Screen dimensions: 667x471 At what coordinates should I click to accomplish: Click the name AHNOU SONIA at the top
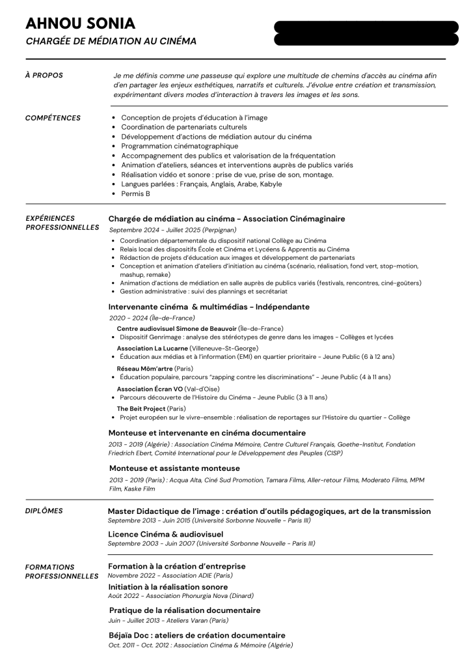click(x=80, y=23)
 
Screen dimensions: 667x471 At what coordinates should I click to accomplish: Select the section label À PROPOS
click(x=44, y=76)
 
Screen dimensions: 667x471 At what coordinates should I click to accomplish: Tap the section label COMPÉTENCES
click(x=53, y=118)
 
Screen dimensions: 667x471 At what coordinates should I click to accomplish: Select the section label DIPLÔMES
click(x=44, y=511)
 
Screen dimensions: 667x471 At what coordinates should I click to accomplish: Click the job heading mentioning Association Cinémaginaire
click(x=226, y=219)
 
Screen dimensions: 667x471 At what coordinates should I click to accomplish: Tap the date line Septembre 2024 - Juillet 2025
click(x=172, y=230)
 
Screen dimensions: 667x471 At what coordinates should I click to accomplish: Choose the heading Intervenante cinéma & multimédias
click(x=208, y=307)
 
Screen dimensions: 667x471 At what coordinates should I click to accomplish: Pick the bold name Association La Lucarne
click(x=152, y=348)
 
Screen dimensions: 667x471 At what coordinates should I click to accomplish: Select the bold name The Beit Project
click(x=141, y=408)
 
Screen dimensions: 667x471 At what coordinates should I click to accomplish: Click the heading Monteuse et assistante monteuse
click(x=174, y=468)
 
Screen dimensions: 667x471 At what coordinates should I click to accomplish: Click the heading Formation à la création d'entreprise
click(x=176, y=567)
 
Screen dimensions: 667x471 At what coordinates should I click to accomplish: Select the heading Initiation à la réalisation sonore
click(x=168, y=587)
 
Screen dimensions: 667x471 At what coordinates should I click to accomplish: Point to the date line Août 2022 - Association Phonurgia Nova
click(x=180, y=596)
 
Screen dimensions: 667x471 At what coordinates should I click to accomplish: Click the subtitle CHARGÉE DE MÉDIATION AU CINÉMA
click(x=111, y=41)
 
